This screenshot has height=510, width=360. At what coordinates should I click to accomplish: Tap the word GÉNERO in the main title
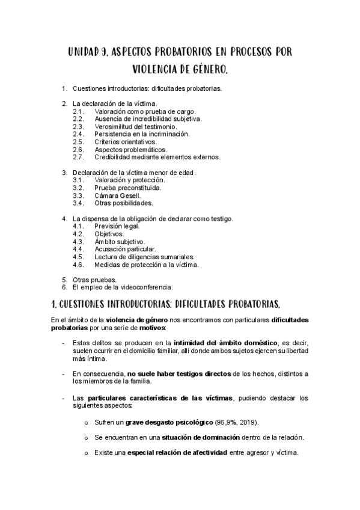click(207, 71)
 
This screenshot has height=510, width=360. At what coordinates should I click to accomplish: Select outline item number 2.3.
click(78, 127)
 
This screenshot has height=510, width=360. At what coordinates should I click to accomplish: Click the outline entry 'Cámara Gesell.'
click(118, 195)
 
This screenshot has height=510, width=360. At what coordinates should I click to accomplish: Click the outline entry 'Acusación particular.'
click(125, 249)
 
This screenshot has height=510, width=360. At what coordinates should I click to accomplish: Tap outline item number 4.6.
click(78, 265)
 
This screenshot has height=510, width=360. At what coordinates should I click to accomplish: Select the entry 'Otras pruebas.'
click(95, 280)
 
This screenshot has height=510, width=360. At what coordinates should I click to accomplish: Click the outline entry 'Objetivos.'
click(109, 233)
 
